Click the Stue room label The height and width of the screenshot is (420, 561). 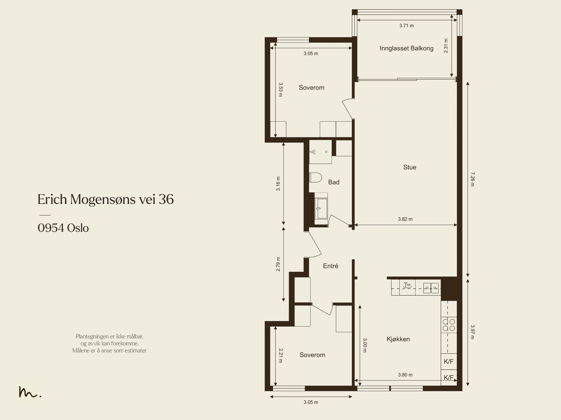[x=410, y=167]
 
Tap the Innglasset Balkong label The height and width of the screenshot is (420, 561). [x=406, y=48]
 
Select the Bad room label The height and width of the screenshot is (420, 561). [x=333, y=182]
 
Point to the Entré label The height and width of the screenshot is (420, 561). [x=331, y=266]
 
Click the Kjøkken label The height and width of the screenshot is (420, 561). [x=398, y=339]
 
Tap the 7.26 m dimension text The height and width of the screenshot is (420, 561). [x=472, y=179]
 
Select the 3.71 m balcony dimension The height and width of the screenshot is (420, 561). [x=406, y=26]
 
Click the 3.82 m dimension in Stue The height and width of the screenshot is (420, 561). [x=405, y=219]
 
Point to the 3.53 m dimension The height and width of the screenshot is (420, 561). [x=280, y=89]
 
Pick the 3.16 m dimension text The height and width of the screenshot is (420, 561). [x=278, y=184]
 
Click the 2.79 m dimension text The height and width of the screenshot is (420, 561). [x=278, y=264]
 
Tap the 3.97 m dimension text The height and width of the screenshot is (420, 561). [x=472, y=332]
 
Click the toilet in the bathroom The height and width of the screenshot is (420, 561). [x=315, y=177]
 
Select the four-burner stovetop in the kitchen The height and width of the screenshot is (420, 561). [x=449, y=325]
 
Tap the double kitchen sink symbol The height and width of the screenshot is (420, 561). [x=431, y=288]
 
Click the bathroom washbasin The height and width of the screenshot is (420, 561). [x=321, y=209]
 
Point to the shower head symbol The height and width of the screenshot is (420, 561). [x=312, y=152]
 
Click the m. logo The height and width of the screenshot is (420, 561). [x=30, y=392]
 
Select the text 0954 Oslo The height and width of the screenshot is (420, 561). [x=63, y=228]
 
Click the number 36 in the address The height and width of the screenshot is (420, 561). [x=166, y=199]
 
